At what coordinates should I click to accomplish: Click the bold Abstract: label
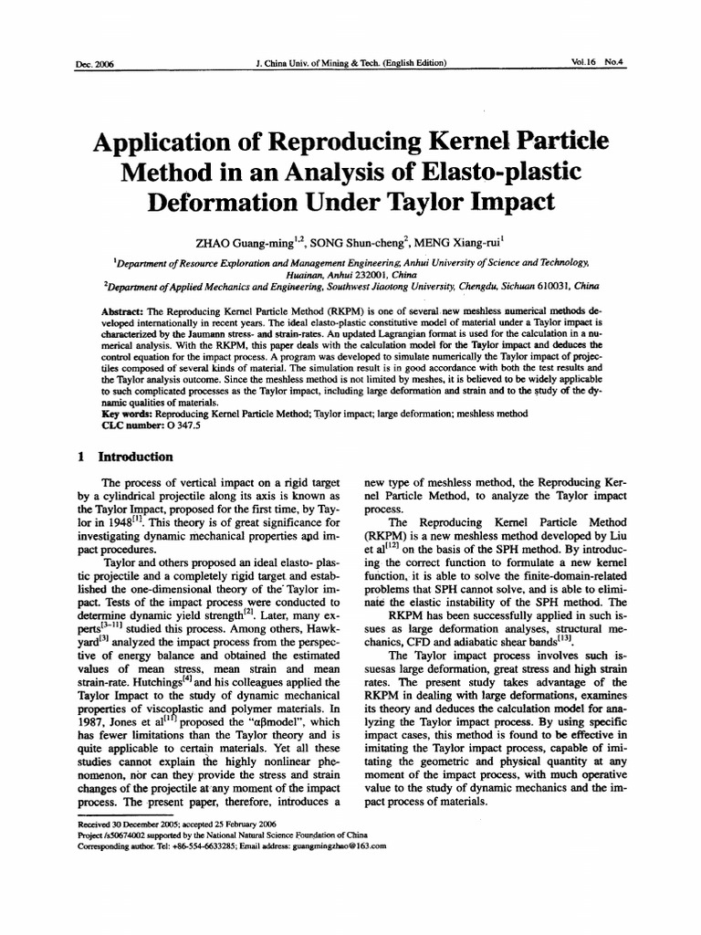pos(126,310)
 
